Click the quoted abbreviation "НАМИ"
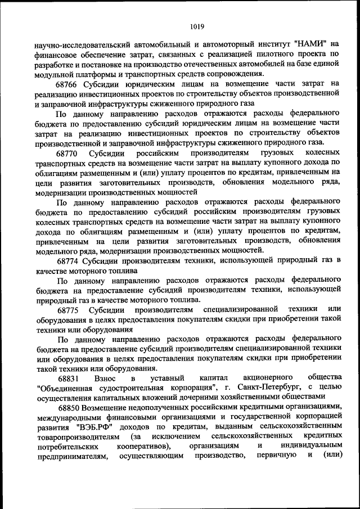[309, 44]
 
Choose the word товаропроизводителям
[76, 438]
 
